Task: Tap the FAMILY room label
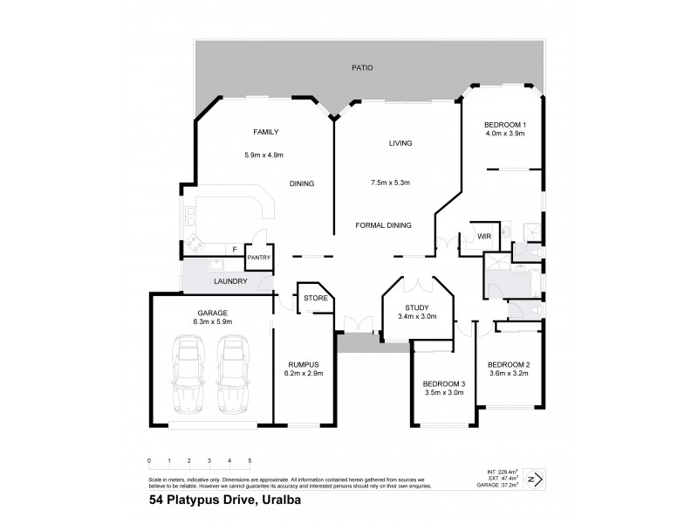[x=265, y=132]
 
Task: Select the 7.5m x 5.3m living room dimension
[x=390, y=183]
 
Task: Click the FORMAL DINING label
[x=383, y=225]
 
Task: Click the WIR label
[x=482, y=236]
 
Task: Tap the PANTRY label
[x=258, y=258]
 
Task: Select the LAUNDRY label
[x=230, y=281]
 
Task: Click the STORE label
[x=315, y=299]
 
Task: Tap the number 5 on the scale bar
[x=250, y=460]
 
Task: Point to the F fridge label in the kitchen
[x=235, y=249]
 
